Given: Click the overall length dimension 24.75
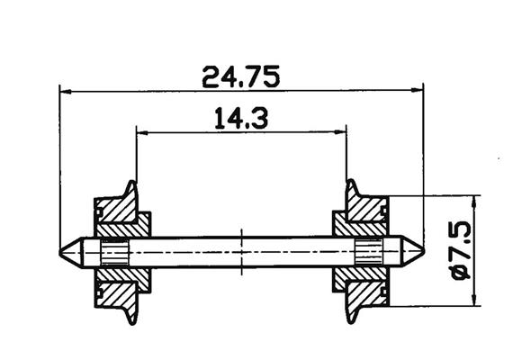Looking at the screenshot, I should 240,76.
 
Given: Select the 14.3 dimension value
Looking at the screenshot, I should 240,118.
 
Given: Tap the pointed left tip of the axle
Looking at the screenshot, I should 61,252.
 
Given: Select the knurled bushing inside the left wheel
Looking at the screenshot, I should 114,252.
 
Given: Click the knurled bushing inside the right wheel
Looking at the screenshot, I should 368,252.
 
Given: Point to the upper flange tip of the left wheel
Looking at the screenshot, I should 133,184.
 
